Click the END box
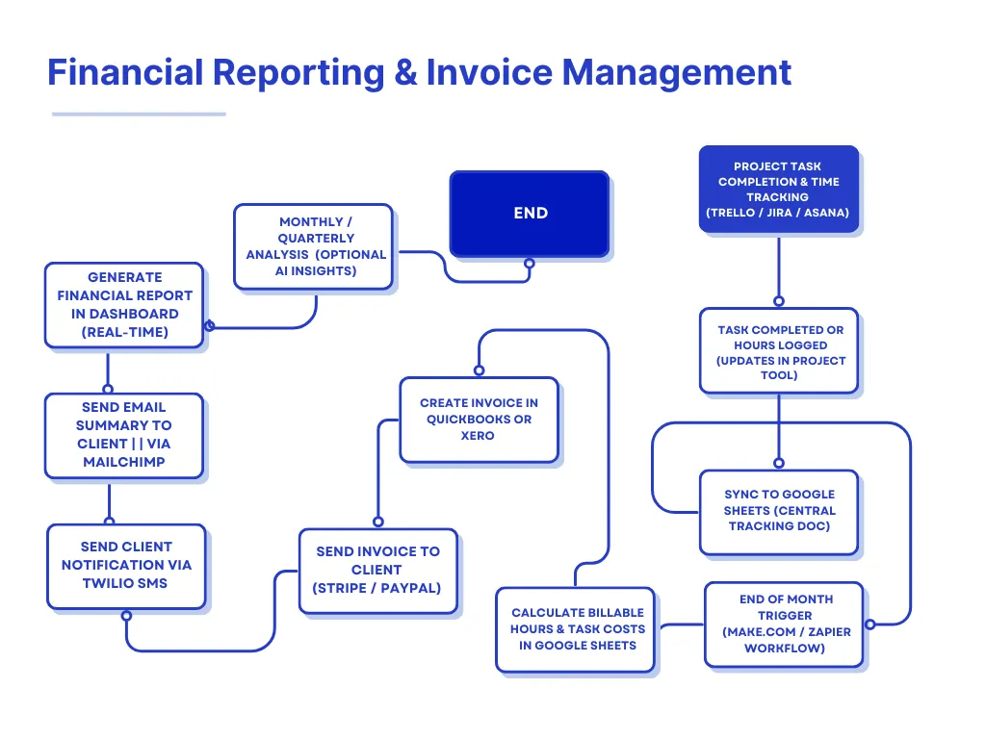(x=530, y=214)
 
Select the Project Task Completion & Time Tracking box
(x=778, y=190)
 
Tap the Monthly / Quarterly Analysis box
(x=314, y=246)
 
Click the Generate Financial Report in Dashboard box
(x=124, y=304)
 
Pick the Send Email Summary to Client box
(x=124, y=435)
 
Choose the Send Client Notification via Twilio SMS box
(x=126, y=566)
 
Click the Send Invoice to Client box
(x=377, y=570)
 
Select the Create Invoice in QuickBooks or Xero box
(x=479, y=420)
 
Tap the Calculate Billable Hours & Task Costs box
(x=577, y=629)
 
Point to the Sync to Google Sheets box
(x=779, y=511)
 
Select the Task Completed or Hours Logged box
(x=779, y=352)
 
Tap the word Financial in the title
(x=124, y=72)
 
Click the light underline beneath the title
(x=139, y=115)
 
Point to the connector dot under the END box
(x=529, y=263)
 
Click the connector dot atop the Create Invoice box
(x=479, y=370)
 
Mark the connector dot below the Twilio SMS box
(x=126, y=615)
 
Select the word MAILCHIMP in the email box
(x=124, y=462)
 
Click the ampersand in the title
(x=405, y=72)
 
